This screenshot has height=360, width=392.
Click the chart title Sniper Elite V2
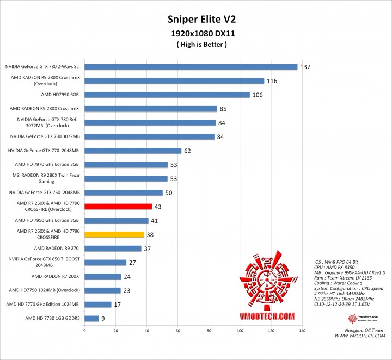[x=195, y=20]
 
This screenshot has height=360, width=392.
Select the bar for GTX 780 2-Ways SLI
[x=191, y=67]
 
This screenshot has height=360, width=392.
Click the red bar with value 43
[x=118, y=207]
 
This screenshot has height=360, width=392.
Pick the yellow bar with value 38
[x=114, y=235]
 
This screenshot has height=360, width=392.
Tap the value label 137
[x=305, y=67]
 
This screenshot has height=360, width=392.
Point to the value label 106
[x=258, y=95]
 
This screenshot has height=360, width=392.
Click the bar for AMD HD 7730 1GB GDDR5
[x=91, y=319]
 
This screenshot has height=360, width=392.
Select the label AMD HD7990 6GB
[x=57, y=95]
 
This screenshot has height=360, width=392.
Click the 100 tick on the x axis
[x=240, y=331]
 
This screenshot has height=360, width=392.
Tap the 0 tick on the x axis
[x=84, y=331]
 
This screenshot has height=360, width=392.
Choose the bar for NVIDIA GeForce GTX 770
[x=133, y=151]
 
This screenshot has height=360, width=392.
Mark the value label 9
[x=103, y=319]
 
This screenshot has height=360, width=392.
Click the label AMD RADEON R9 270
[x=57, y=249]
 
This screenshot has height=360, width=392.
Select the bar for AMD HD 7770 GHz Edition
[x=97, y=305]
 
